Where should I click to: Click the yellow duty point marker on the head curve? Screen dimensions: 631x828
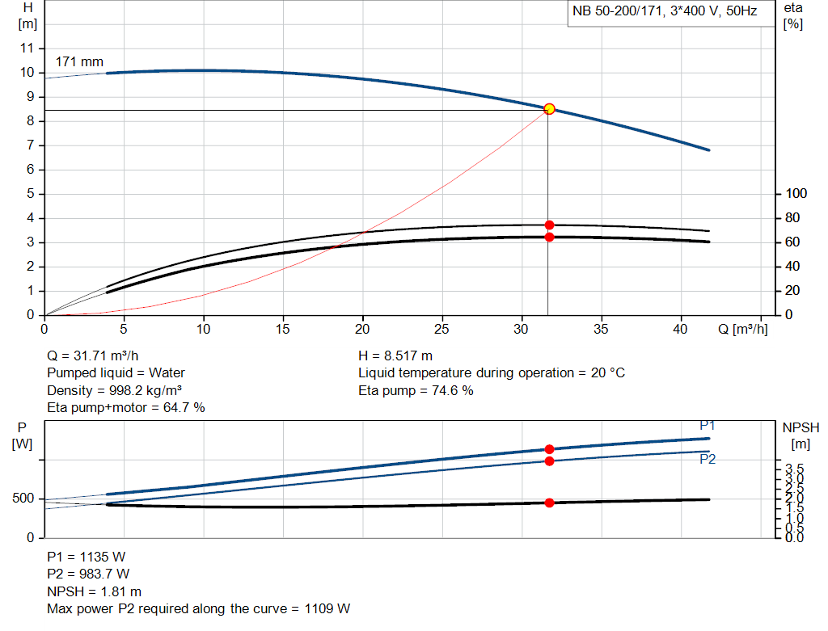[549, 109]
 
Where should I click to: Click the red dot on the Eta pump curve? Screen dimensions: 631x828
[549, 225]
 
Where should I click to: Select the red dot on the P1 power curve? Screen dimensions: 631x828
[549, 449]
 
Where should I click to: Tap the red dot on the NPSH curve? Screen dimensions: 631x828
[549, 503]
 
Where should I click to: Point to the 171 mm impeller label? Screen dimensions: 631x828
[79, 61]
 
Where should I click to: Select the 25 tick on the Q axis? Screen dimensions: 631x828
[442, 329]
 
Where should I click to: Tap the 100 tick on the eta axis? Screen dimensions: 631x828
[796, 194]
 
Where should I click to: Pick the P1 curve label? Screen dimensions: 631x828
[708, 426]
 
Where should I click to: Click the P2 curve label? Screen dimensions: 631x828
[708, 459]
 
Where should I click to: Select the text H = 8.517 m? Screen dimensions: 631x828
[395, 355]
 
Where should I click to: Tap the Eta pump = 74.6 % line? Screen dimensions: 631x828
[416, 391]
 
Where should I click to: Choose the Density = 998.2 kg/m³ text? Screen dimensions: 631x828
[114, 390]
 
